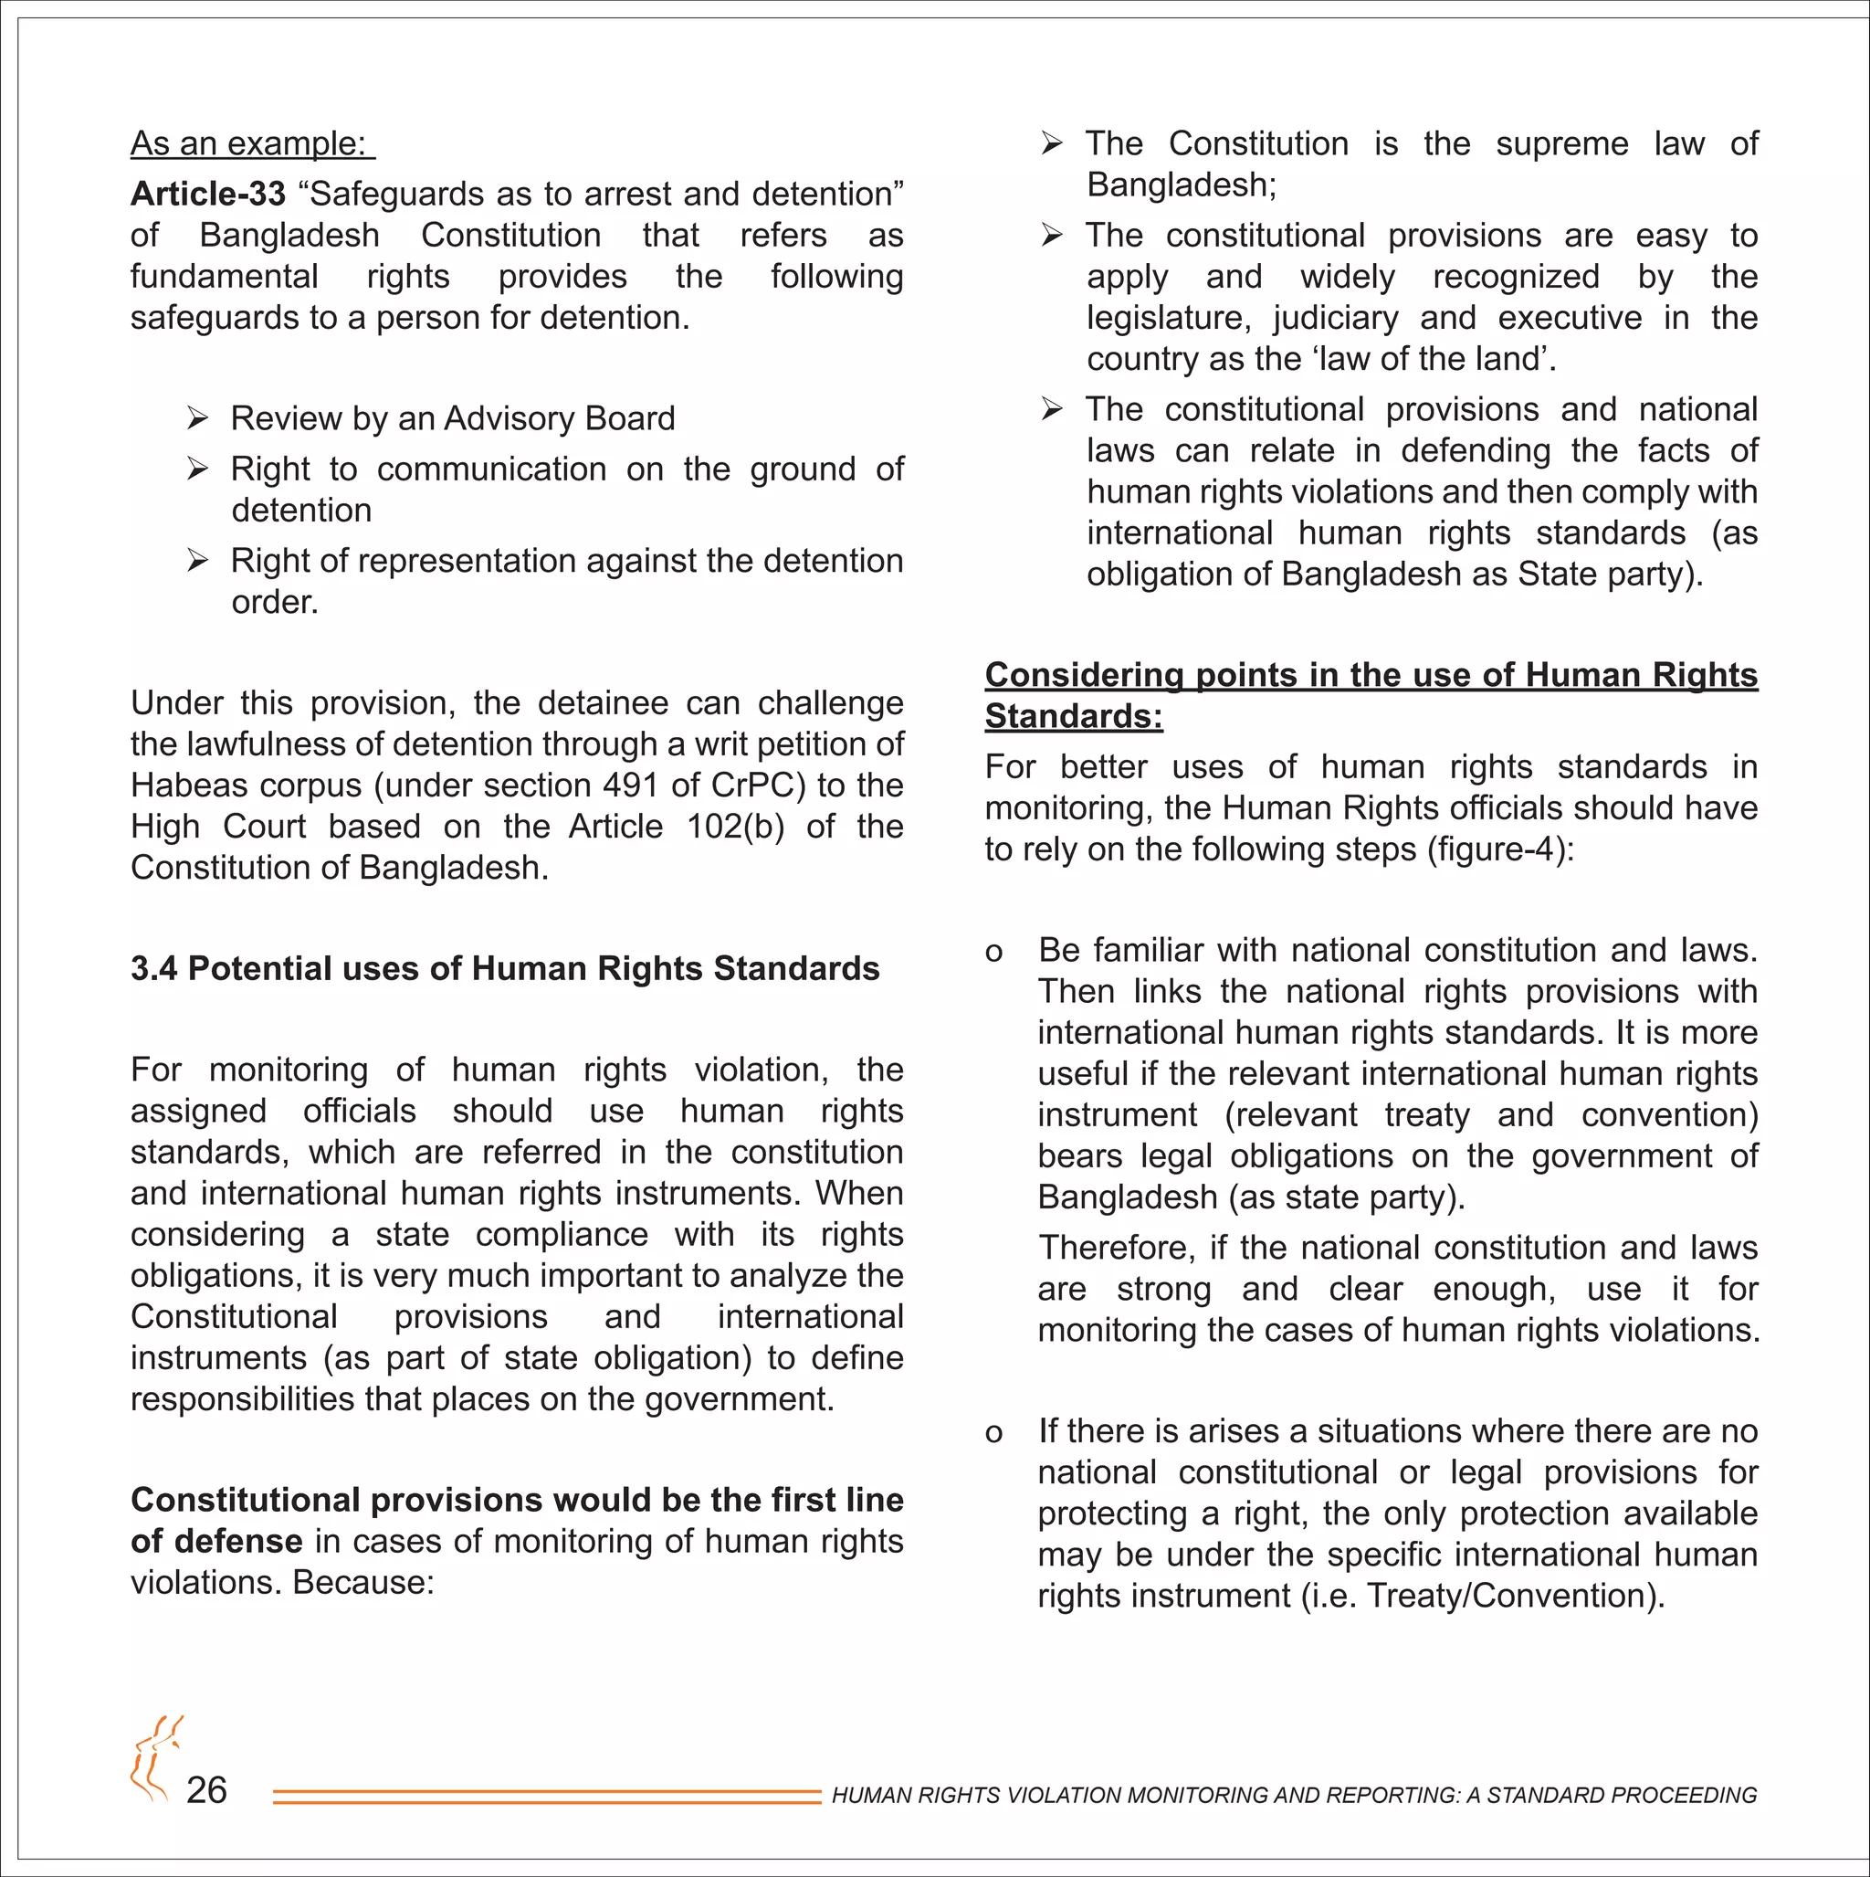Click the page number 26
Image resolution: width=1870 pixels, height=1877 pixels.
[206, 1790]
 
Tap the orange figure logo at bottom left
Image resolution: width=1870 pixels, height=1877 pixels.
[155, 1758]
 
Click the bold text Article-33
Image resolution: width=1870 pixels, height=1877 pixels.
[208, 195]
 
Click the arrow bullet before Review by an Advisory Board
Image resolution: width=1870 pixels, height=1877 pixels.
[197, 418]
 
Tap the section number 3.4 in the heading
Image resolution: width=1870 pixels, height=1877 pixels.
[153, 968]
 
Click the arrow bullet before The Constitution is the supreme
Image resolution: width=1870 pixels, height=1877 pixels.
[1051, 143]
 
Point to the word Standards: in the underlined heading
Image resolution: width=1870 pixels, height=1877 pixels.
[1074, 717]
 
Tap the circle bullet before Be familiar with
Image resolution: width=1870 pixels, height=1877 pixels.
[993, 952]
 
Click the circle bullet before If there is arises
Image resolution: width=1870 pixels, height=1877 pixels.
[993, 1433]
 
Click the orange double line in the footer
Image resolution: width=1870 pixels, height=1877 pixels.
[546, 1798]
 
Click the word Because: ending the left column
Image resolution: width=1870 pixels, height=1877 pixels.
[363, 1583]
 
